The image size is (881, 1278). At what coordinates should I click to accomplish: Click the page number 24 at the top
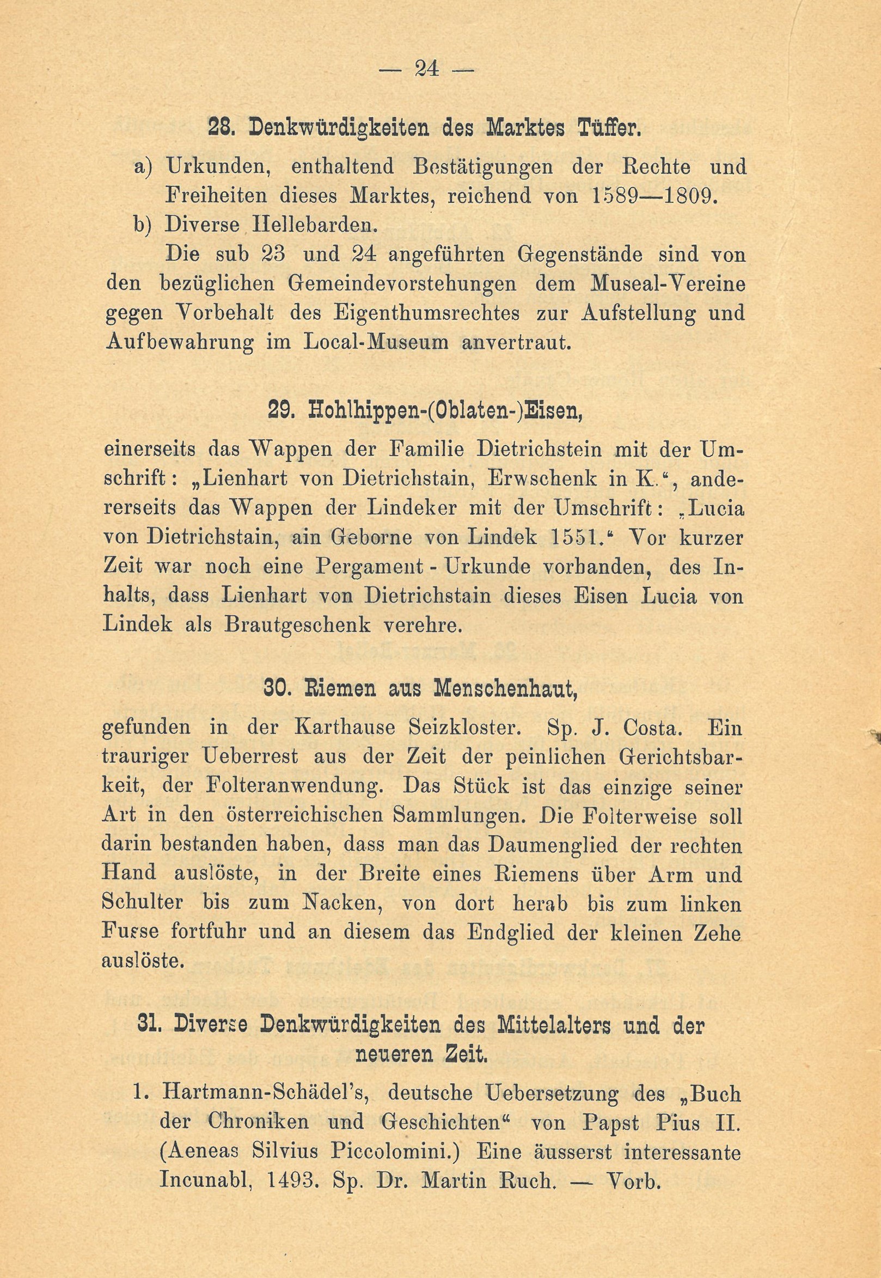425,70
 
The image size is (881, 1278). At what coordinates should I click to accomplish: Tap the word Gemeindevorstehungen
403,284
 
